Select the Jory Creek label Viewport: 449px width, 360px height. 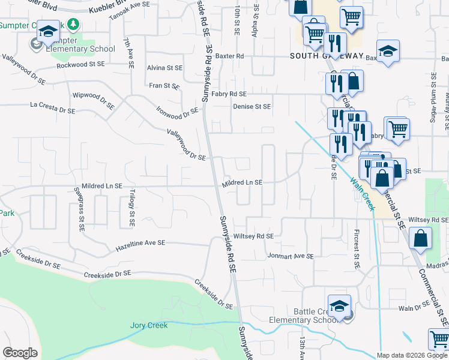[149, 325]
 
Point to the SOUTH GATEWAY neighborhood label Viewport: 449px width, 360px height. [327, 56]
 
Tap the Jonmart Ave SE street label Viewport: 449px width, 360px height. [291, 256]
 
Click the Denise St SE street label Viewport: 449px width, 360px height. [252, 106]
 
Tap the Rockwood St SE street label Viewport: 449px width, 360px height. [85, 64]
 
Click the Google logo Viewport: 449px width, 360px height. [20, 353]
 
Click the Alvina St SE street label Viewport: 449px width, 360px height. [164, 68]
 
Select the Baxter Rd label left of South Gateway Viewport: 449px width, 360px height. [231, 56]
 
